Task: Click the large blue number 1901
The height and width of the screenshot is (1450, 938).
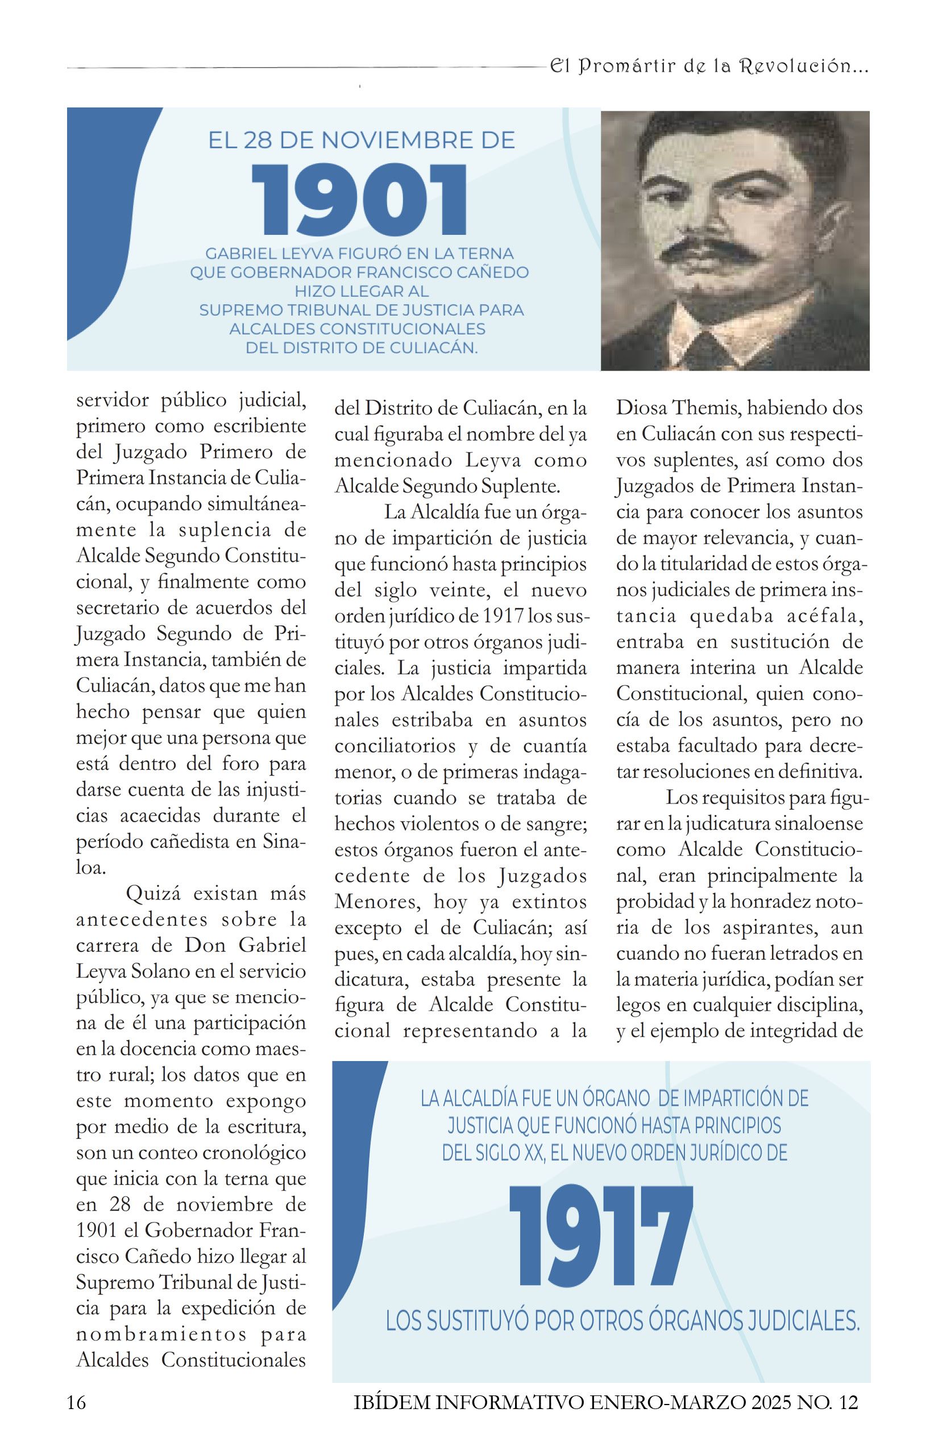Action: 360,200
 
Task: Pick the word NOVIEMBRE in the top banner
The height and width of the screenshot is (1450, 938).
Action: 398,140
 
